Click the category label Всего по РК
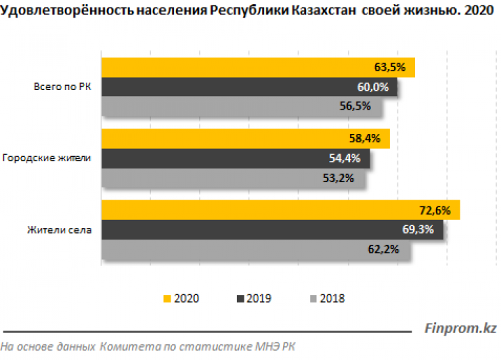tap(62, 87)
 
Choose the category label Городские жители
tap(47, 158)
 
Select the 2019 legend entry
tap(253, 298)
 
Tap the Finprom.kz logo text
tap(460, 329)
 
